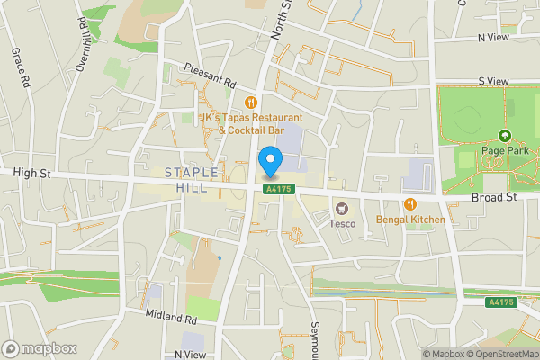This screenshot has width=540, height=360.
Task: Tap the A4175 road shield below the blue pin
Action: [x=276, y=190]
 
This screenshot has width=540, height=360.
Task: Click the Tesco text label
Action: [x=342, y=223]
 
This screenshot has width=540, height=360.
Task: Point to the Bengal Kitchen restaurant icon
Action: [x=409, y=204]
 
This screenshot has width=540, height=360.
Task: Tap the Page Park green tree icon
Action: [x=503, y=136]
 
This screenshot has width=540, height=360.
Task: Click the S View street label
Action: [x=493, y=81]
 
